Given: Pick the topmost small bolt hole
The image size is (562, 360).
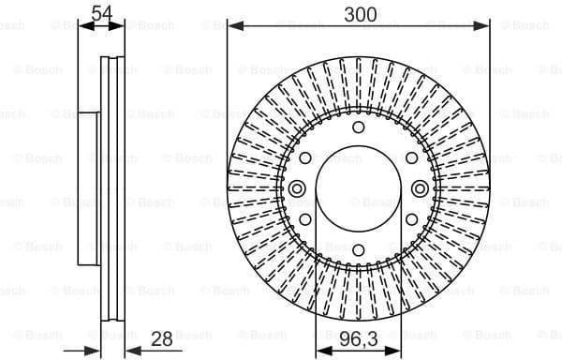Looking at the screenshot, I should pyautogui.click(x=359, y=128).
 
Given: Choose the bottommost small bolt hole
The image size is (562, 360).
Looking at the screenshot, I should pyautogui.click(x=359, y=249).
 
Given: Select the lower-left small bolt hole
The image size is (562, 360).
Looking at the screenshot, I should pyautogui.click(x=305, y=219).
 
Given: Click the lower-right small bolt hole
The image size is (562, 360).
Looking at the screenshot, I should pyautogui.click(x=412, y=219).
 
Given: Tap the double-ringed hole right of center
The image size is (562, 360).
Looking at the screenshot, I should pyautogui.click(x=420, y=189).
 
